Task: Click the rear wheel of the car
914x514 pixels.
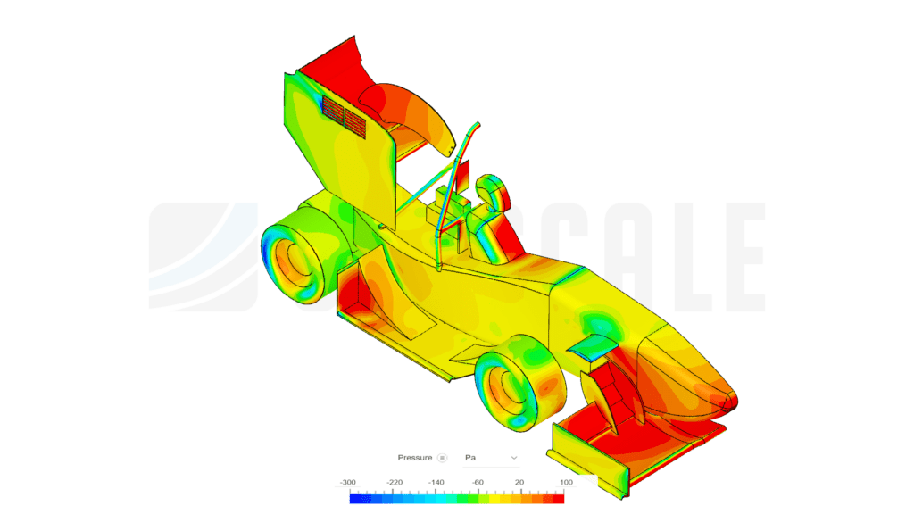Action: [293, 259]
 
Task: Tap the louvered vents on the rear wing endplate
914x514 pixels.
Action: [344, 114]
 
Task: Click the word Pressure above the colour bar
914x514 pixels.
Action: [414, 458]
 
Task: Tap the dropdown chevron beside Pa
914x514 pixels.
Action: [513, 458]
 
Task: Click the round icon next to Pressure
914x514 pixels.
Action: [442, 458]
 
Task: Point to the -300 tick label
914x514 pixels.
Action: [347, 482]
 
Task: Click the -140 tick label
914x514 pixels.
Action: [436, 482]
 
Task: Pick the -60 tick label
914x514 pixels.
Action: [478, 482]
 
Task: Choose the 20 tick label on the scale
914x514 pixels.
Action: [519, 482]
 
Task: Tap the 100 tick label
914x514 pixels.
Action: [564, 482]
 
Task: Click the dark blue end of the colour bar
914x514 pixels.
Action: [355, 499]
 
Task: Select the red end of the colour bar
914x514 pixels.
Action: [559, 499]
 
